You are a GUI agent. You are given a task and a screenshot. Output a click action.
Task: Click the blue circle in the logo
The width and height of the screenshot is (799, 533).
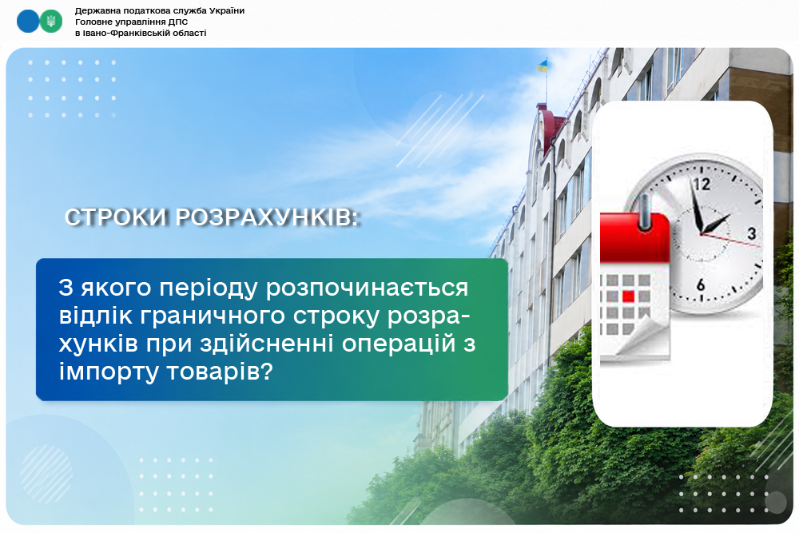tap(28, 22)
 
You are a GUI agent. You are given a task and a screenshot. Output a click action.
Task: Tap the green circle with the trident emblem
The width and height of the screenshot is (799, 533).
tap(51, 22)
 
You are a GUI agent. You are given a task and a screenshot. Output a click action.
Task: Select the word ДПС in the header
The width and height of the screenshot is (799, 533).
tap(178, 22)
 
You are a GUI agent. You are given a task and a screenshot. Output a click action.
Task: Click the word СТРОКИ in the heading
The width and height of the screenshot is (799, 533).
tap(116, 217)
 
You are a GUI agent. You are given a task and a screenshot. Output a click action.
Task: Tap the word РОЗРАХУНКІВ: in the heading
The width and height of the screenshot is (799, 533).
tap(268, 217)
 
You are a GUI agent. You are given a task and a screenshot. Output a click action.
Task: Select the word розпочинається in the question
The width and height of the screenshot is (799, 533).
tap(367, 288)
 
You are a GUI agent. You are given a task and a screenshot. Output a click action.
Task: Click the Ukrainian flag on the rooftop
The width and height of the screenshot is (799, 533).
tap(543, 66)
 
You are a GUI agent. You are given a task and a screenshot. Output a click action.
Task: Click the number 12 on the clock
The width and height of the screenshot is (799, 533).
tap(702, 184)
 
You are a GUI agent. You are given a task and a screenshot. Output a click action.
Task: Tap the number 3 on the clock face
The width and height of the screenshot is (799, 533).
tap(752, 233)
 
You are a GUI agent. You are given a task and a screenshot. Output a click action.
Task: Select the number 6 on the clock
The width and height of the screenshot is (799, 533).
tap(701, 284)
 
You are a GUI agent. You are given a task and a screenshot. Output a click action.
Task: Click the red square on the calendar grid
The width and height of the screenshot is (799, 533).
tap(628, 296)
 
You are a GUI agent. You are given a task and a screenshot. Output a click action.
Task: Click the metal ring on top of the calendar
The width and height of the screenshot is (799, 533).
tap(645, 210)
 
